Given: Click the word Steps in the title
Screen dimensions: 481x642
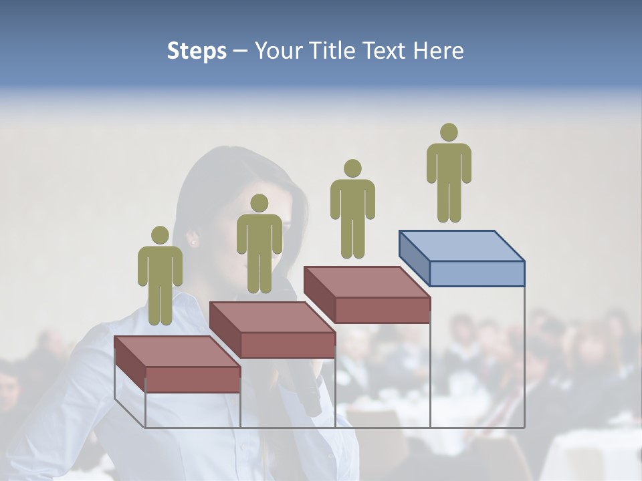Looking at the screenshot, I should [197, 51].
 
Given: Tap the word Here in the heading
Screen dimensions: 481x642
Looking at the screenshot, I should [439, 51].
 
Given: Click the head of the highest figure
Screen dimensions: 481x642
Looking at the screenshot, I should [449, 132].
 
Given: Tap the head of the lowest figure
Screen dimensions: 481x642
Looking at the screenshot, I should [160, 235].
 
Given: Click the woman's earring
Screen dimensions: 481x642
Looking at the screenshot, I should [194, 243].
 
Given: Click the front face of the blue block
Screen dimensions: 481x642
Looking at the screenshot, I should [477, 273].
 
